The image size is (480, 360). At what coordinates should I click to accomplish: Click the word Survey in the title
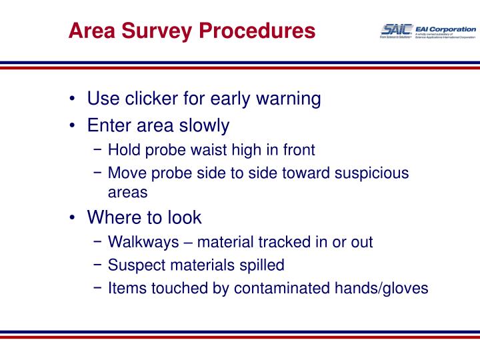click(150, 31)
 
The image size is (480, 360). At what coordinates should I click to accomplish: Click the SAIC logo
click(395, 29)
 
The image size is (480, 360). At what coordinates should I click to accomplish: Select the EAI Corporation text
click(445, 29)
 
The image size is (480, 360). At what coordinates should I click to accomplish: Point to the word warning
click(287, 99)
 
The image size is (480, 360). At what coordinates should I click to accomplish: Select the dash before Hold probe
click(97, 150)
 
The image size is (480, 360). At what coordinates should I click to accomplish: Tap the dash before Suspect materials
click(97, 265)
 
